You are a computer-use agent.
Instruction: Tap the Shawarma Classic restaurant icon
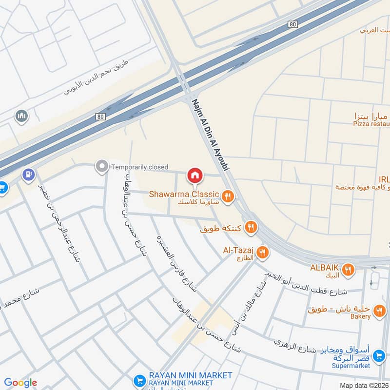[227, 196]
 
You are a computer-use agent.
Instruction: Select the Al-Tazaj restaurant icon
[263, 252]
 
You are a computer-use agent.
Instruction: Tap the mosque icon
[21, 116]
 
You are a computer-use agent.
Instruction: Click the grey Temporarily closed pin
[102, 167]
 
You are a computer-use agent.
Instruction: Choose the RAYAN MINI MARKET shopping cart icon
[139, 380]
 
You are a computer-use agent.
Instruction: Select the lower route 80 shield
[100, 117]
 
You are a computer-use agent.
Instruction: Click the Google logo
[20, 383]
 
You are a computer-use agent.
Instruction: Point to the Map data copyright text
[365, 385]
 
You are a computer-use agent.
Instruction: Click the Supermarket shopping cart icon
[378, 358]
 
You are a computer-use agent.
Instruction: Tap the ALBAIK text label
[325, 267]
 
